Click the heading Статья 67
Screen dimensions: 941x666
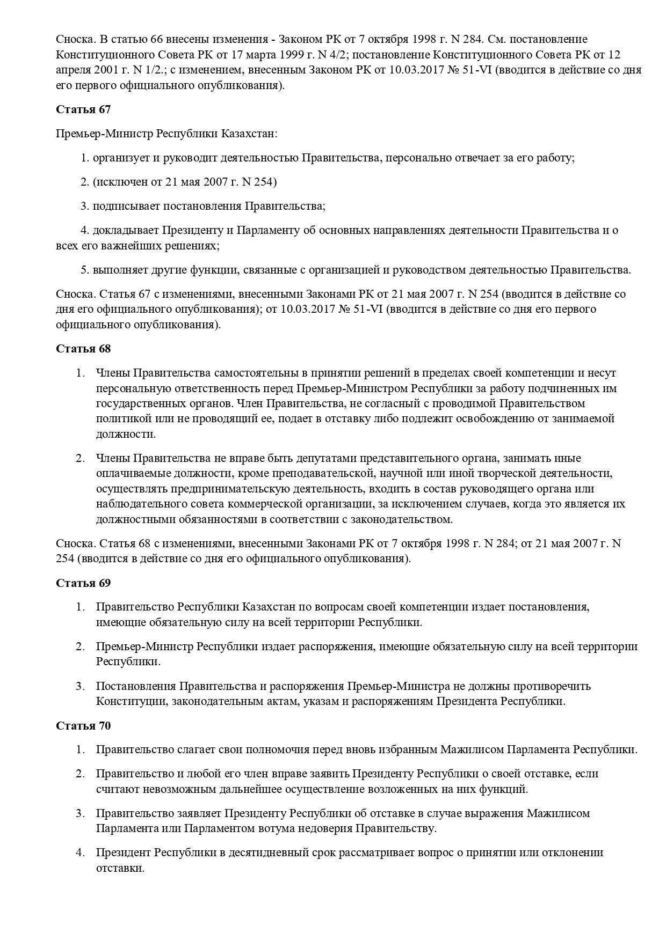point(83,109)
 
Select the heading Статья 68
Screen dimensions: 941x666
point(83,349)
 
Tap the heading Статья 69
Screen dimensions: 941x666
point(83,583)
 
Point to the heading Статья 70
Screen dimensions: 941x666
point(83,726)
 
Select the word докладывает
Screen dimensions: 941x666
point(125,230)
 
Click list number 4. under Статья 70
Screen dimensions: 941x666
point(81,852)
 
